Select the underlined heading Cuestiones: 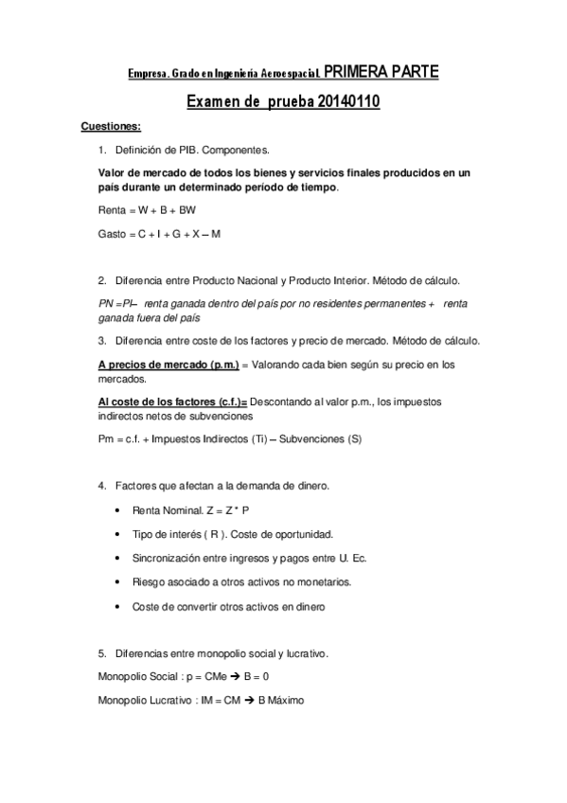tap(112, 127)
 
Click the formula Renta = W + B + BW tap(148, 209)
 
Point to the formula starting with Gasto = tap(159, 233)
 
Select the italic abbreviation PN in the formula tap(105, 304)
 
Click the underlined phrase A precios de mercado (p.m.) tap(168, 364)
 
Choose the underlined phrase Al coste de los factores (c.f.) tap(173, 401)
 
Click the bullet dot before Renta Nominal tap(115, 510)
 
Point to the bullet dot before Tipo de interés tap(115, 534)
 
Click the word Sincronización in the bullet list tap(168, 558)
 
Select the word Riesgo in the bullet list tap(149, 581)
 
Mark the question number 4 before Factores tap(101, 486)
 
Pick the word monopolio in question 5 tap(242, 652)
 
